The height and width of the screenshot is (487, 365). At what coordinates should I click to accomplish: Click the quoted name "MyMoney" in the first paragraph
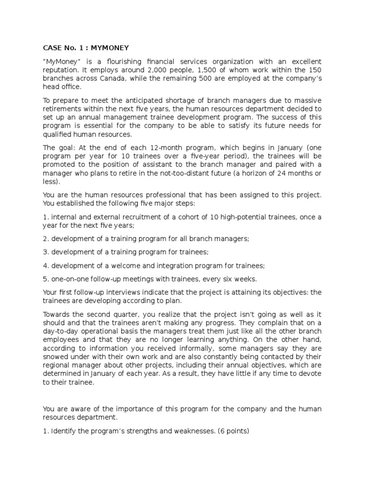click(59, 62)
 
